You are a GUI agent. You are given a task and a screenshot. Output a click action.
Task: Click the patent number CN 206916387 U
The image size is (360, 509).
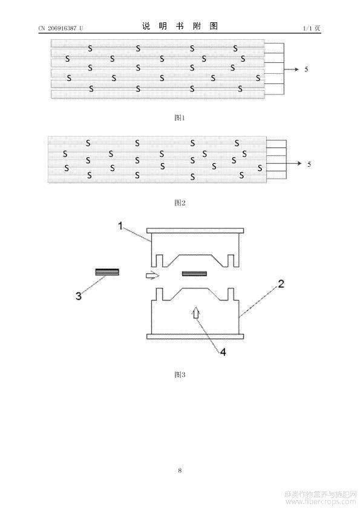pos(61,28)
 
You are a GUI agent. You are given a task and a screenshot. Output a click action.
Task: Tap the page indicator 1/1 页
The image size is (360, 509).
pos(312,28)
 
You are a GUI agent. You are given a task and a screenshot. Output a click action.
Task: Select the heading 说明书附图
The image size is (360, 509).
pos(180,26)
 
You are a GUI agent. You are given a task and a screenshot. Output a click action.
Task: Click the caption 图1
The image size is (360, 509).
pos(180,117)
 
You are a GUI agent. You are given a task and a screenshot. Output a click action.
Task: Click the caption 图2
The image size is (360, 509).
pos(180,203)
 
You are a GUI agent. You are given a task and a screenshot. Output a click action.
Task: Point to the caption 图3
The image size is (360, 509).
pos(180,375)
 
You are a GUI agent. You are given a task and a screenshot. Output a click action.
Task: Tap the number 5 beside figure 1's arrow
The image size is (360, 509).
pos(306,69)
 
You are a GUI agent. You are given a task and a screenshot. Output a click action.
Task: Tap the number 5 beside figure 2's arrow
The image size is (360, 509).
pos(309,164)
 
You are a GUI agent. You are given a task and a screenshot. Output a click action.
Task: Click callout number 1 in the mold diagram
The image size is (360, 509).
pos(120,225)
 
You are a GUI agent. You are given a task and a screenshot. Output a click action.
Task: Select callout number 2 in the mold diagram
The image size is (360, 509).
pos(281,284)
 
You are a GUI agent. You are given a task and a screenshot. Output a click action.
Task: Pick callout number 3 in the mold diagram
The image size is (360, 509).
pos(79,296)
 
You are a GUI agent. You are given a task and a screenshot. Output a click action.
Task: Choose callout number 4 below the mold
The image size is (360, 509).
pos(223,352)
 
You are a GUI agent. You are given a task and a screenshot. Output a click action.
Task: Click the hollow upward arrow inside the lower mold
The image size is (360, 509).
pos(196,314)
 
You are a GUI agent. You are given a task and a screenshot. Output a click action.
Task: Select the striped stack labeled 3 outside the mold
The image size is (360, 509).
pos(107,272)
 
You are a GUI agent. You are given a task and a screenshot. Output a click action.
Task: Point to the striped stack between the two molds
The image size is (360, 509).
pos(194,274)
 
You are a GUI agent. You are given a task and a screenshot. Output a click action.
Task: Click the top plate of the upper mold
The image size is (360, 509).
pos(195,230)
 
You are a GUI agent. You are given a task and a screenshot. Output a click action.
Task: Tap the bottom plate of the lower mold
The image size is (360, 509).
pos(195,336)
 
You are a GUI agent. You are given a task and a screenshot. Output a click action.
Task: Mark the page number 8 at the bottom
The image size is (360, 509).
pos(180,470)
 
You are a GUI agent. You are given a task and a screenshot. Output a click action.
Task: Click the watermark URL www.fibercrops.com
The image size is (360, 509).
pos(321,502)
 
